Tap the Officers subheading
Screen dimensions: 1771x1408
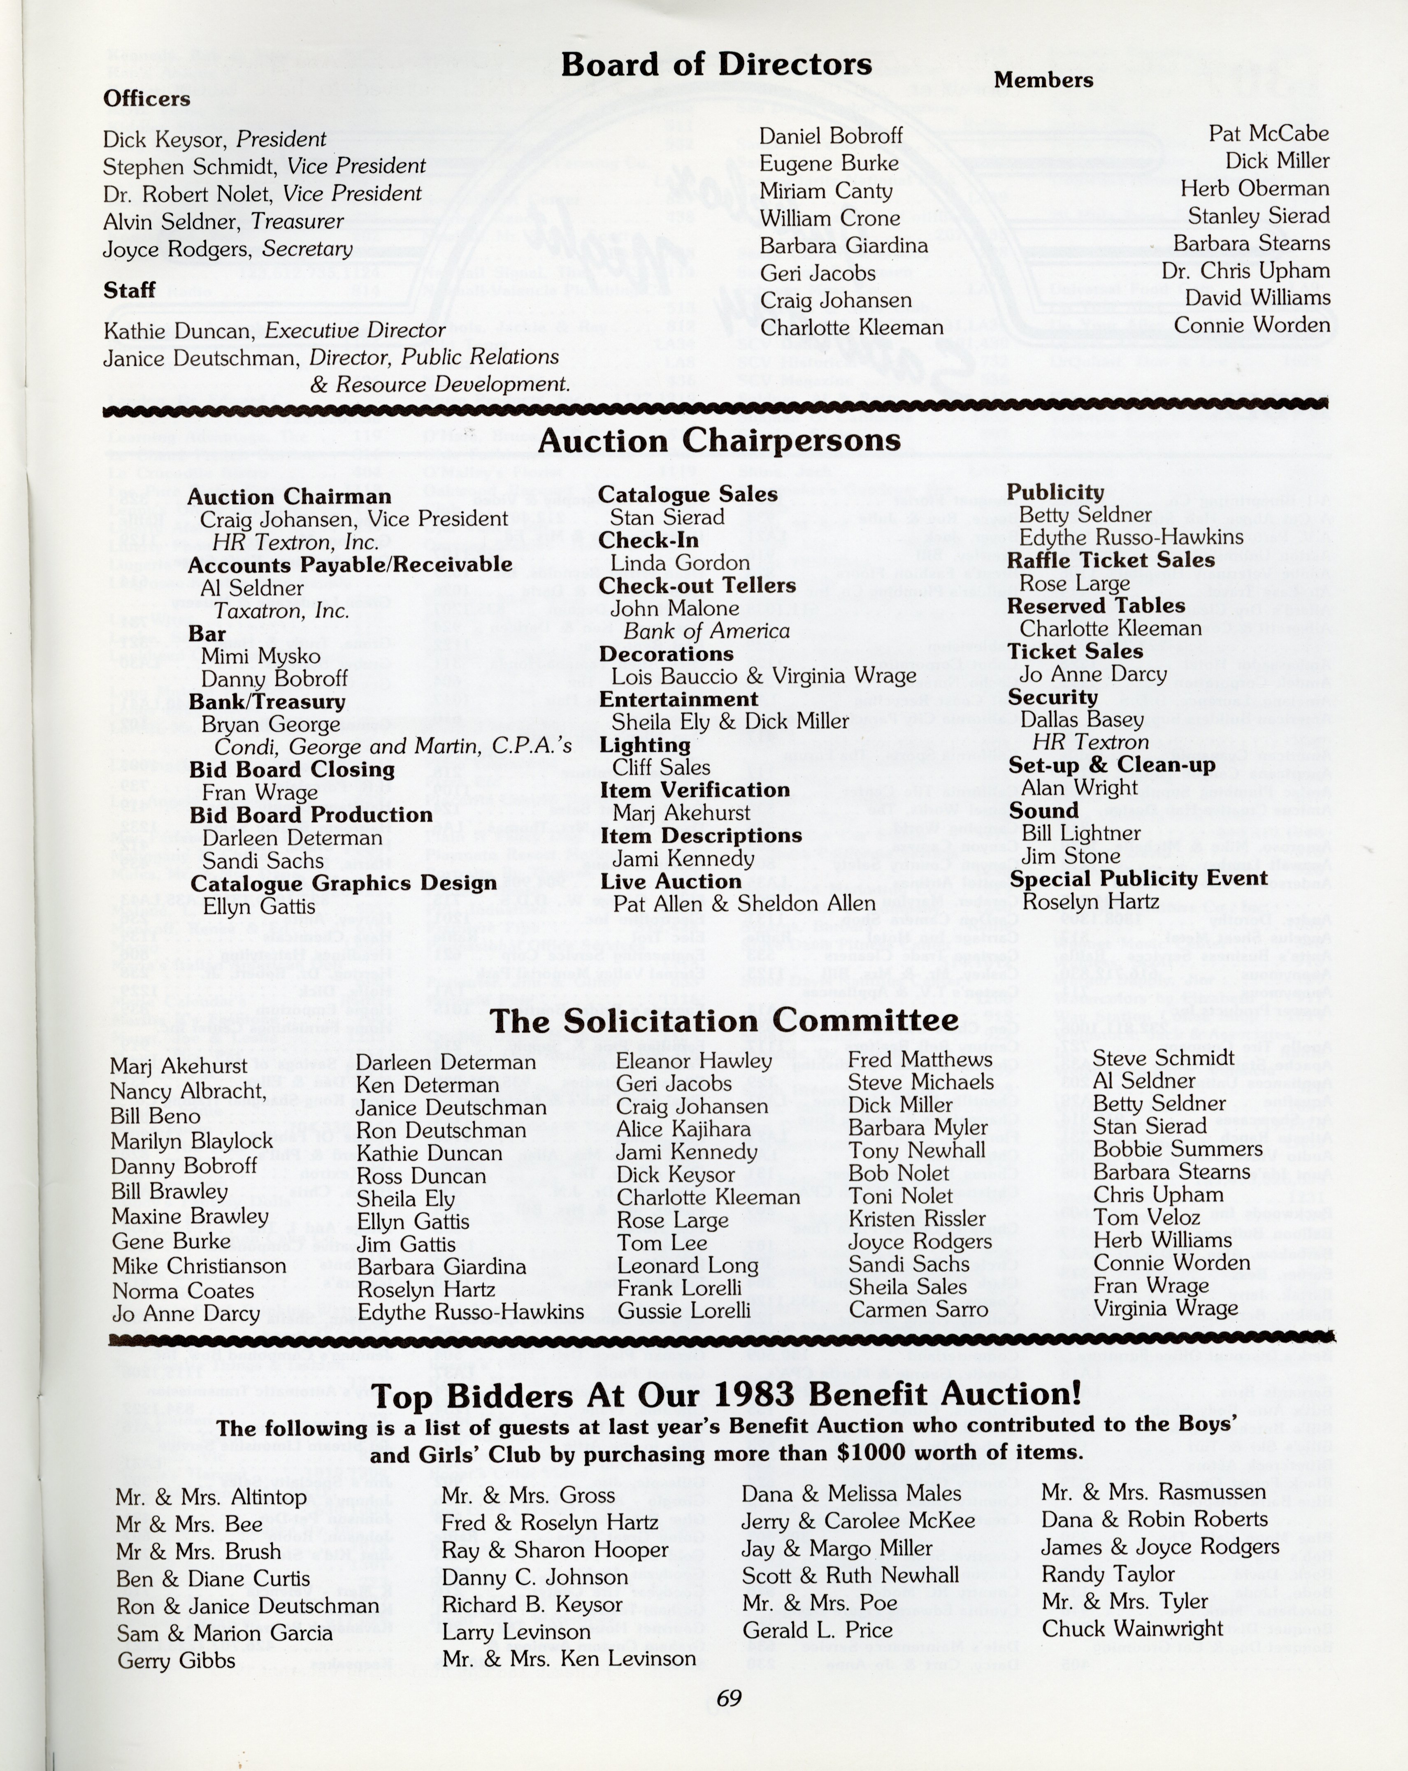coord(146,100)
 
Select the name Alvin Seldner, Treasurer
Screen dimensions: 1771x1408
coord(223,222)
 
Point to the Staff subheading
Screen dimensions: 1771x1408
coord(130,291)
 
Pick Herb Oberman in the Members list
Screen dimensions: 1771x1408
coord(1255,189)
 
